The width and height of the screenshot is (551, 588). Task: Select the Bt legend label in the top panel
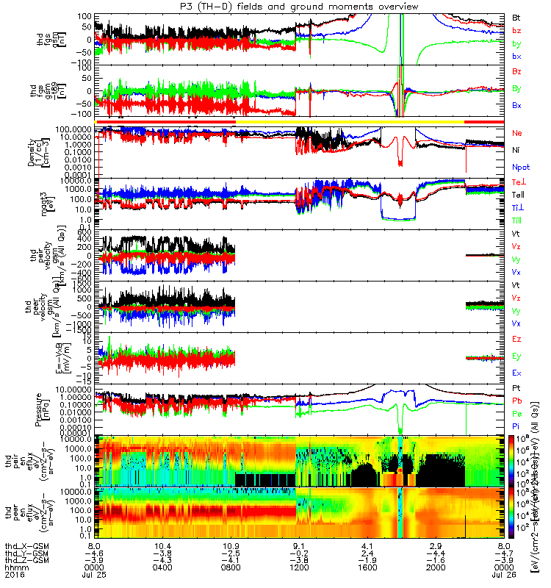(x=516, y=16)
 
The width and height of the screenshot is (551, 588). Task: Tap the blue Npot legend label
(x=519, y=167)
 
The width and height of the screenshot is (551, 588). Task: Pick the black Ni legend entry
(x=516, y=150)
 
